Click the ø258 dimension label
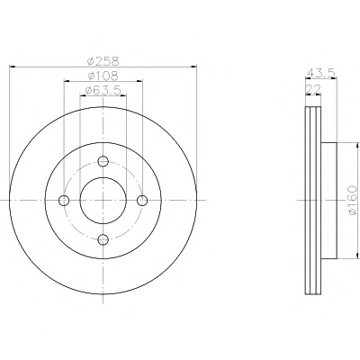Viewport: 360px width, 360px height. coord(103,61)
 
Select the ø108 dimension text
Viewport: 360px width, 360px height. coord(103,76)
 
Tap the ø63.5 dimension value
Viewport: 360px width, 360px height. coord(103,90)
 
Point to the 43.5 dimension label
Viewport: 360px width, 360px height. coord(320,73)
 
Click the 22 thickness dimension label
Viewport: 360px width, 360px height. coord(313,89)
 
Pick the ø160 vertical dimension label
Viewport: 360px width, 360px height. coord(353,200)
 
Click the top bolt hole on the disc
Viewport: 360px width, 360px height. coord(103,161)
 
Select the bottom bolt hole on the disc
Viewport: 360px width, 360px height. coord(103,239)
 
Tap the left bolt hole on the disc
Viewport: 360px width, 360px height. coord(64,200)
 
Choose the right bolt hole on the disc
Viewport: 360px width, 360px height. coord(142,200)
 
